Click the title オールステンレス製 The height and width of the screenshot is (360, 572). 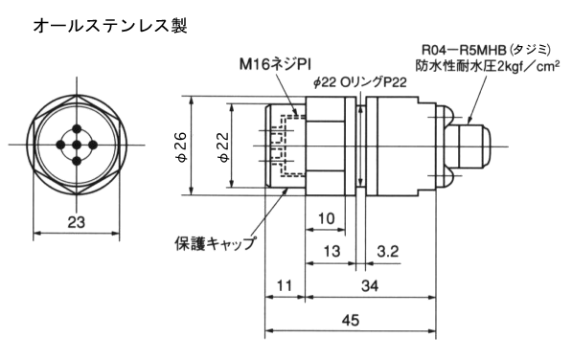pos(110,26)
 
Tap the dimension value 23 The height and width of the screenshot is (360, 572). pos(77,222)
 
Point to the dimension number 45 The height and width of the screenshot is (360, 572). pos(351,321)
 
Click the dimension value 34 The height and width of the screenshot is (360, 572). pos(370,286)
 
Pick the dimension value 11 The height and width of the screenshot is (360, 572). pos(285,286)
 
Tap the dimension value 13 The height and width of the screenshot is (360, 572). pos(332,252)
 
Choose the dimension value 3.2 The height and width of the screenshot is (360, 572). pos(387,252)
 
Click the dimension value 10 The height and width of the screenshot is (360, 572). pos(326,218)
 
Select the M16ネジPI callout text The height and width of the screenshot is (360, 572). pos(275,65)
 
